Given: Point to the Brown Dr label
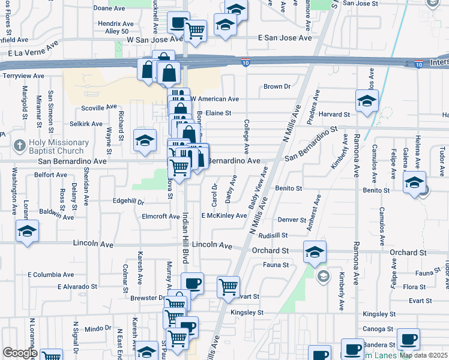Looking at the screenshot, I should (277, 86).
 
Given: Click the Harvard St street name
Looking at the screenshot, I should (334, 114).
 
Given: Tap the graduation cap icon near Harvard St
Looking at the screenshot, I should (366, 101).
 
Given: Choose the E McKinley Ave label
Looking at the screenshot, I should (224, 215).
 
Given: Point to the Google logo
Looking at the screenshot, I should (20, 353).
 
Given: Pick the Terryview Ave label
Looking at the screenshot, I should (24, 76).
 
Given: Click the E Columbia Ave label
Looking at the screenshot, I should (51, 274).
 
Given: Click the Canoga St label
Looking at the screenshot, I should (378, 329).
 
